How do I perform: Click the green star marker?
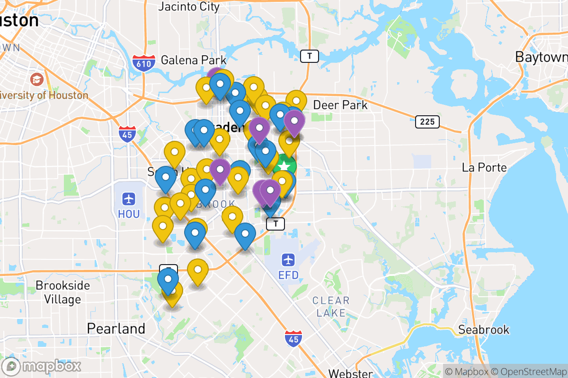pos(284,167)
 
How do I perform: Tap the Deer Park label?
pos(340,104)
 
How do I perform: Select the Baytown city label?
pos(541,57)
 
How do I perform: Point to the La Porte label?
pos(484,168)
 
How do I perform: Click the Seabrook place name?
pos(483,329)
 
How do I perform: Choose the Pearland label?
pos(116,328)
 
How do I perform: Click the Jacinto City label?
pos(189,7)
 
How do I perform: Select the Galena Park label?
pos(194,60)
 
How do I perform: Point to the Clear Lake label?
pos(331,307)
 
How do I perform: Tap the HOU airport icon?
pos(129,198)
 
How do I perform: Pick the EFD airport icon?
pos(288,259)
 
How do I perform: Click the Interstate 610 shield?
pos(144,62)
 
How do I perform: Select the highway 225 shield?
pos(427,122)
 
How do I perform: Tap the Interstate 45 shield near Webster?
pos(293,339)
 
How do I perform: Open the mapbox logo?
pos(42,366)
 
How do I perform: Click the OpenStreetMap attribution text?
pos(528,371)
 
